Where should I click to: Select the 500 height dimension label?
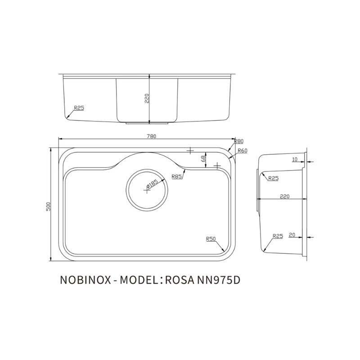[x=48, y=205]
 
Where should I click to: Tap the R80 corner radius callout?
[x=238, y=142]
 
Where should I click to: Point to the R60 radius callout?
[x=243, y=150]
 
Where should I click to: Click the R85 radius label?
[x=177, y=177]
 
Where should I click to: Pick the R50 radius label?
[x=211, y=239]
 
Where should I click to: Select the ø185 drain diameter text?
[x=151, y=184]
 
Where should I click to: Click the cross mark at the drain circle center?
[x=145, y=190]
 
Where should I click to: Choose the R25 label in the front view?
[x=79, y=108]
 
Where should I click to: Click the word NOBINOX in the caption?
[x=85, y=280]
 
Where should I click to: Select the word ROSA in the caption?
[x=179, y=280]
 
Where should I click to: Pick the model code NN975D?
[x=218, y=280]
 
